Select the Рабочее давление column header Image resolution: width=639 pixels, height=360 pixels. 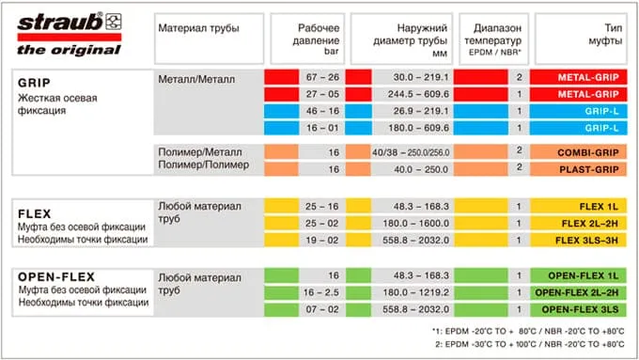(x=319, y=35)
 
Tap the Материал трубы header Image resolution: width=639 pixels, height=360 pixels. (x=198, y=28)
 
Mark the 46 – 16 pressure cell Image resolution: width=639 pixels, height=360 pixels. (x=320, y=111)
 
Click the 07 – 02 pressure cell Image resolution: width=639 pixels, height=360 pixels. (x=320, y=309)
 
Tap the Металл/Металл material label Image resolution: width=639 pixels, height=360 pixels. (x=197, y=77)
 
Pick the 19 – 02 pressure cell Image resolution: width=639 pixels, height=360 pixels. (x=320, y=240)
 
